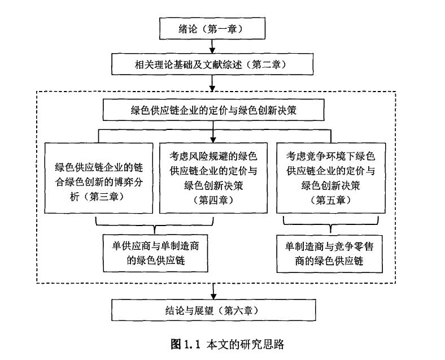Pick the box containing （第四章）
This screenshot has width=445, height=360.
(x=213, y=176)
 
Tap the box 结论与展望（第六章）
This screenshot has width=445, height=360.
(x=212, y=310)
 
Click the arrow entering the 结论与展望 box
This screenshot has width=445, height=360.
(x=212, y=292)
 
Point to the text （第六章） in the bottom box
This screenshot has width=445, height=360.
(x=237, y=310)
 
